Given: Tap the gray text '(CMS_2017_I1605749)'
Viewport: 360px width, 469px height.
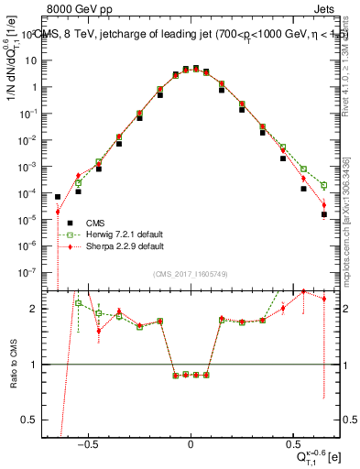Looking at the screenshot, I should (191, 276).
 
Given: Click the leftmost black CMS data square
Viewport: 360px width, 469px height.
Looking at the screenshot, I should (58, 197).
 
